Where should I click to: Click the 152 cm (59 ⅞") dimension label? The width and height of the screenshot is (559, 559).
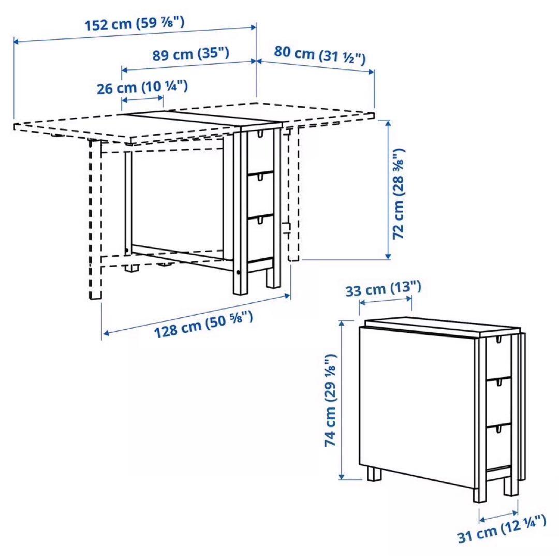pos(134,24)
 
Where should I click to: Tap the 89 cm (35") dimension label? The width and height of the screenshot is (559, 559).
pos(191,54)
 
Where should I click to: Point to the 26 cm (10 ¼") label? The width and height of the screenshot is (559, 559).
pos(142,87)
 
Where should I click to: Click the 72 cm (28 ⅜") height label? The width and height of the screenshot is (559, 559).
pos(399,194)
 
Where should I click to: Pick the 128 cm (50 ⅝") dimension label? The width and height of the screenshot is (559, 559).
pos(203,324)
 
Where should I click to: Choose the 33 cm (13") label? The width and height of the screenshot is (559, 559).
pos(384,288)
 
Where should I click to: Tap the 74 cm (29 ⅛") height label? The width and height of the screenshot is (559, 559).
pos(331,400)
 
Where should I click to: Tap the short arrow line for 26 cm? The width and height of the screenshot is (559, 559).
pos(142,99)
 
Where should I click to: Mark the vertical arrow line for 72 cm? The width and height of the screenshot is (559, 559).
pos(388,189)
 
